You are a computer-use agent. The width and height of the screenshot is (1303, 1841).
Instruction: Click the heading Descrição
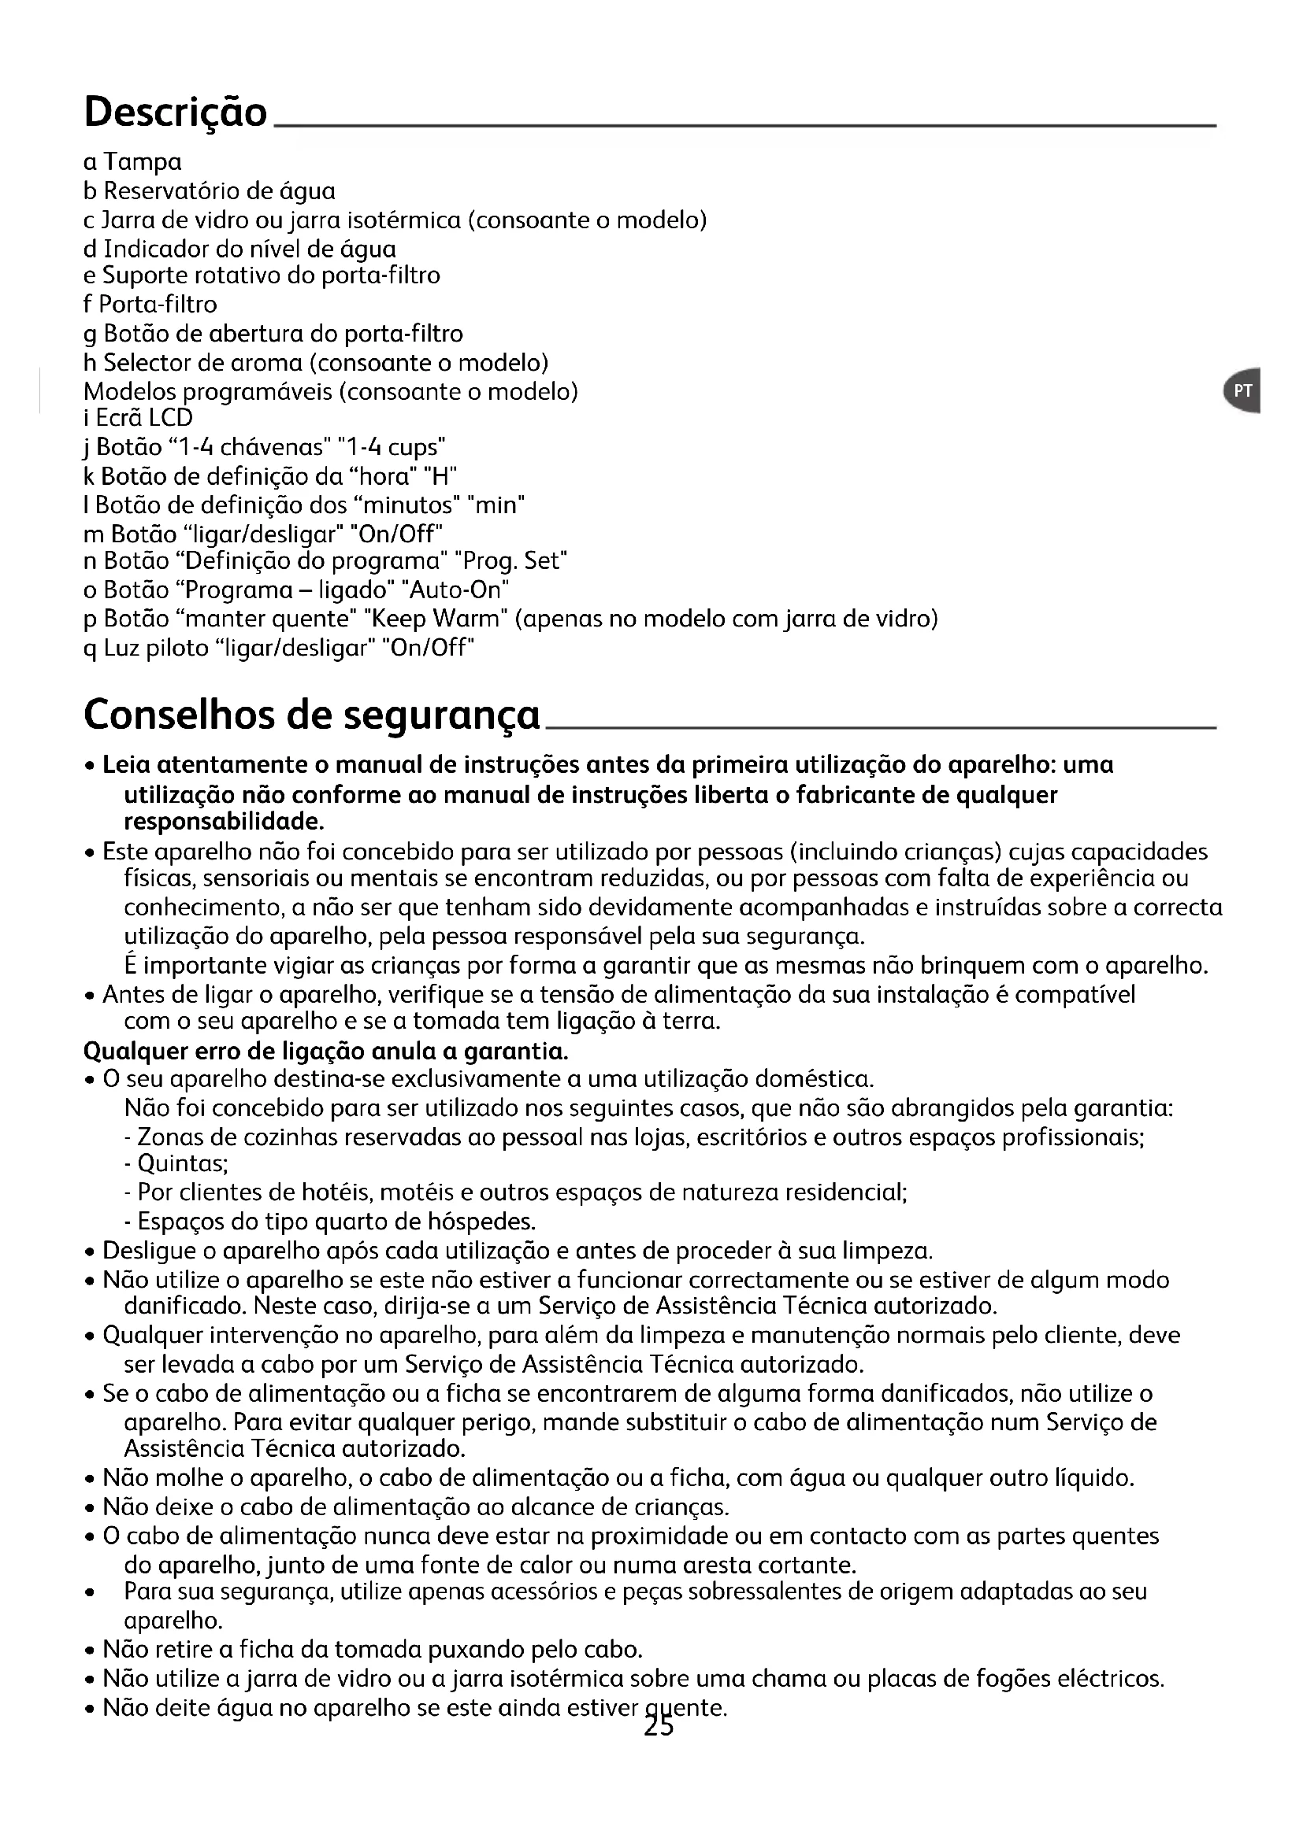175,112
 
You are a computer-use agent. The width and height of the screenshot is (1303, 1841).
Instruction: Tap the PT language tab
1243,390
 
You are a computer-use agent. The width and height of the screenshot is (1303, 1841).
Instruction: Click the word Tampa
143,163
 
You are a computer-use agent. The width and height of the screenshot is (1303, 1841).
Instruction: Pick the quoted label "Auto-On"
460,590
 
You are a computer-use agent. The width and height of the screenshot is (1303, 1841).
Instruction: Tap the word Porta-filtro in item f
158,305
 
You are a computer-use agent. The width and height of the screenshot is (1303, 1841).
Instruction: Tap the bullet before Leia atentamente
91,767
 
